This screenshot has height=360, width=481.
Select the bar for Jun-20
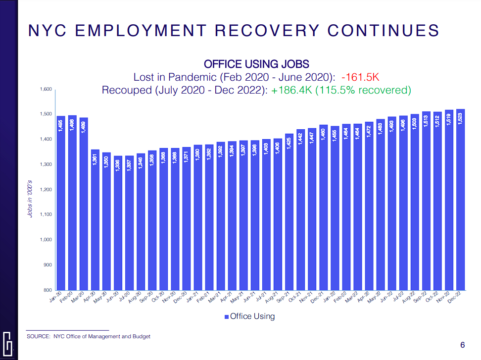118,228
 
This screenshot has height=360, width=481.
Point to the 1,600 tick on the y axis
46,90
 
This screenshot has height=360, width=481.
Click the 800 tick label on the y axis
48,290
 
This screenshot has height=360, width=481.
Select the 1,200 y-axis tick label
46,190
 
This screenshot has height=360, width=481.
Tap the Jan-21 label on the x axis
192,299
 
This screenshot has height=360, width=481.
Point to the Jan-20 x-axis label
56,299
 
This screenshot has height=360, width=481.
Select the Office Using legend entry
249,316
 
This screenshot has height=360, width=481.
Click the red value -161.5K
362,77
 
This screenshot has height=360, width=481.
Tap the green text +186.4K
292,90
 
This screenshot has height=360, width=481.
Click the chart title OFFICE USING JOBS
256,64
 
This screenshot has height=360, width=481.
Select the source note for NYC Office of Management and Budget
88,337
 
